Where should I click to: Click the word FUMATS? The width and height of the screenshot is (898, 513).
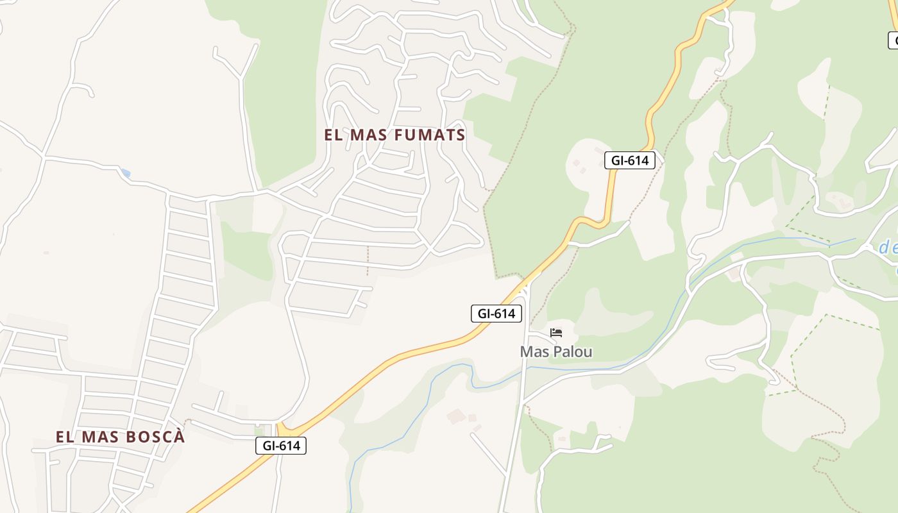click(427, 135)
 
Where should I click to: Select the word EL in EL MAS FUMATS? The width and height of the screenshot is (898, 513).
click(332, 135)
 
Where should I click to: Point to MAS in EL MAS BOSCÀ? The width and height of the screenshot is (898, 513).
click(97, 437)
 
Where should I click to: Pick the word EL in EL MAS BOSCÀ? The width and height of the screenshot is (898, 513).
click(64, 437)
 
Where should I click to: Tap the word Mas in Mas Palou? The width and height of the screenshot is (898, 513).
click(535, 352)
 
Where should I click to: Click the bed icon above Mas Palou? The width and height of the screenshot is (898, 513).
click(556, 333)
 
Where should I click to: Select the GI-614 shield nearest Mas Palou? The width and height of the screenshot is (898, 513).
click(496, 314)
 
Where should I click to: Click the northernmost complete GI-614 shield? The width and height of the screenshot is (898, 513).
click(630, 160)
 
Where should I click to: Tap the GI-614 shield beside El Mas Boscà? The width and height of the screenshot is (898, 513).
click(281, 446)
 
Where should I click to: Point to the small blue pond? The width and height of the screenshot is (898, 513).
click(125, 173)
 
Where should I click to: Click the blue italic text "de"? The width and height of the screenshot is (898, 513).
click(888, 248)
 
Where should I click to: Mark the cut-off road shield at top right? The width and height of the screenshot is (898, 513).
click(893, 40)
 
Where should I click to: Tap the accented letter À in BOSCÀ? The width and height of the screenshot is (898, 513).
click(179, 437)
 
